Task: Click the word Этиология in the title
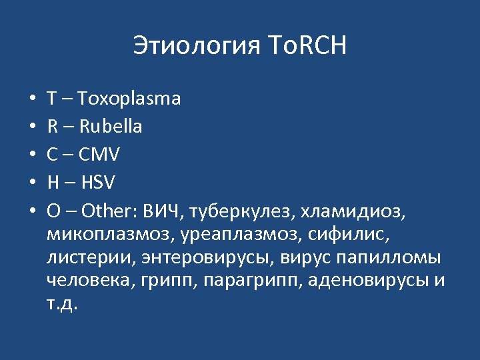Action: click(x=195, y=46)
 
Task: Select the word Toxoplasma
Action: click(x=129, y=99)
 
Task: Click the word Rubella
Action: click(x=113, y=127)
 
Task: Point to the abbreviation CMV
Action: click(x=99, y=155)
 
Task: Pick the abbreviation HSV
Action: click(x=97, y=183)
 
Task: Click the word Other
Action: click(x=105, y=211)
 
